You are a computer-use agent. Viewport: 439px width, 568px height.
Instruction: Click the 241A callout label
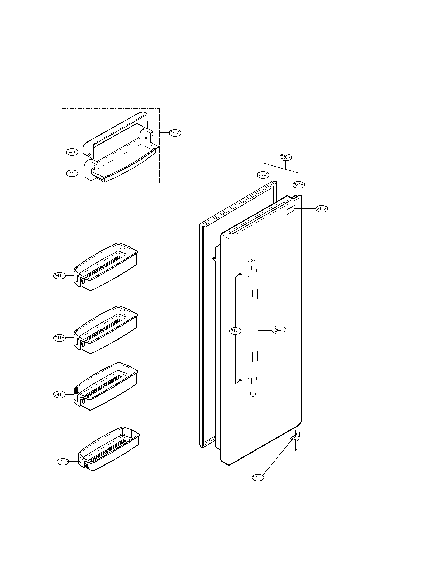click(x=175, y=133)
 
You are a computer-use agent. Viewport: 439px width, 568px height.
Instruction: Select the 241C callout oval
click(x=72, y=152)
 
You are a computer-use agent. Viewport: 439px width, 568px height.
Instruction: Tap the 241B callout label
click(x=72, y=173)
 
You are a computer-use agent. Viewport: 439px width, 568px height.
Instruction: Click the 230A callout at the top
click(x=286, y=157)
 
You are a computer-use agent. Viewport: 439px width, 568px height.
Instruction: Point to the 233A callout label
click(x=263, y=175)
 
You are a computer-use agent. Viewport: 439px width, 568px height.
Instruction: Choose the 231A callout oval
click(x=299, y=185)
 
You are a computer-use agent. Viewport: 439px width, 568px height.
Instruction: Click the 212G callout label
click(x=322, y=208)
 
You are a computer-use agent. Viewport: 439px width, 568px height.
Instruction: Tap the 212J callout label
click(x=236, y=331)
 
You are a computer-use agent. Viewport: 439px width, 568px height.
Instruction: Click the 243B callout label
click(x=258, y=477)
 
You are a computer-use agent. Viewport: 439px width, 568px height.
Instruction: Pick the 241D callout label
click(x=63, y=462)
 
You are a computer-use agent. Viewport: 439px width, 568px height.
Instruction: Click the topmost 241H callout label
click(x=59, y=276)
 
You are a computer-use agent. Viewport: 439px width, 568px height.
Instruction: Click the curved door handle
click(x=254, y=330)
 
